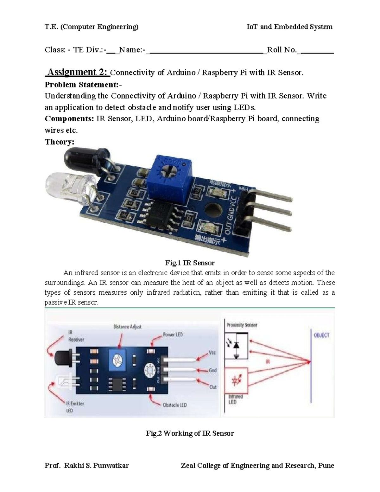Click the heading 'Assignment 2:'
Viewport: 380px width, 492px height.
[x=77, y=72]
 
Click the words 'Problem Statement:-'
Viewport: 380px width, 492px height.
[x=83, y=85]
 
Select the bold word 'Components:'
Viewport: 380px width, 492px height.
[x=69, y=118]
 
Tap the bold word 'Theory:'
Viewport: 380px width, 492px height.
[x=60, y=142]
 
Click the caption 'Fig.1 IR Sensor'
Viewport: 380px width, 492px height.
[x=190, y=263]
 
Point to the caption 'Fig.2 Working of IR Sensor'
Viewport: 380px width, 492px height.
[x=190, y=433]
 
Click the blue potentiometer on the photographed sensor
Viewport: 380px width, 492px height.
[x=169, y=179]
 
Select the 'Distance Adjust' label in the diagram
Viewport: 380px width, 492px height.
[x=127, y=327]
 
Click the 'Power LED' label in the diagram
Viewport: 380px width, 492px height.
[x=173, y=335]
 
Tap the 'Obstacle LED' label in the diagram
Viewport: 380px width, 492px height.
[x=175, y=405]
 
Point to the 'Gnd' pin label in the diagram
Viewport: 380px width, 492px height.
[x=213, y=370]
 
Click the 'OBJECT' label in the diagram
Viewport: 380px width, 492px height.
[x=321, y=335]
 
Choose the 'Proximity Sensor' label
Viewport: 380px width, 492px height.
[x=242, y=325]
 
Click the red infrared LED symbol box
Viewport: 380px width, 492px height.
[x=236, y=381]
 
